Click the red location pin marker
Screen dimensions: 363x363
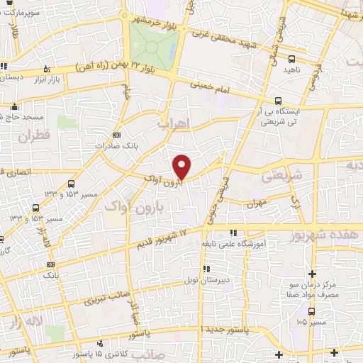click(x=182, y=167)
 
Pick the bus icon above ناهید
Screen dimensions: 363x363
click(x=293, y=59)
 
